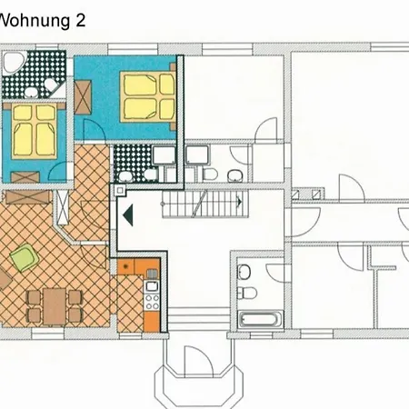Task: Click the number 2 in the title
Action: [x=80, y=21]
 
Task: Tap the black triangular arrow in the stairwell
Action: [x=128, y=215]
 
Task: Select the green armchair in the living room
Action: [x=25, y=257]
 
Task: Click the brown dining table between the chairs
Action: [x=55, y=306]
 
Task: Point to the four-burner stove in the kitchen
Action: [x=152, y=301]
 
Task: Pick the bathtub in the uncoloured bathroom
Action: [x=261, y=320]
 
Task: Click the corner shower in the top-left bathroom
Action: [x=14, y=63]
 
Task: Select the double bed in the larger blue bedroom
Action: [x=148, y=96]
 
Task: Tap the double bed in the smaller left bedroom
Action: [x=34, y=130]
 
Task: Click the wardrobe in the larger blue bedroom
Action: [x=83, y=97]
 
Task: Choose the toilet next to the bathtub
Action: [x=247, y=293]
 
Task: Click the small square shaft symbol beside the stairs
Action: [x=120, y=190]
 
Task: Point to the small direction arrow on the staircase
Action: [x=239, y=202]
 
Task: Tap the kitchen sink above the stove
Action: [x=152, y=285]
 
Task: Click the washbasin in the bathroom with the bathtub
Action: [x=244, y=272]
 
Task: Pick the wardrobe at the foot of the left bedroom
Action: [x=25, y=177]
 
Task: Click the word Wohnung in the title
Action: [x=35, y=21]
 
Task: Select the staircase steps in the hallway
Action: [x=205, y=204]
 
